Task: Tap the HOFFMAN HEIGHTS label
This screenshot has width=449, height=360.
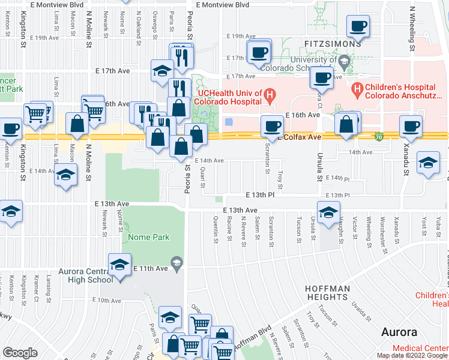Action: [x=327, y=293]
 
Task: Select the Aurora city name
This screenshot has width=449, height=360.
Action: [x=400, y=332]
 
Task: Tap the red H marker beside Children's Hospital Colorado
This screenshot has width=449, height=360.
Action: [x=358, y=91]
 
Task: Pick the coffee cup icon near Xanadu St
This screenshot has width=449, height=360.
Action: [x=411, y=127]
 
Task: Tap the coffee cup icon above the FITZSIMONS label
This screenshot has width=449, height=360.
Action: [x=358, y=26]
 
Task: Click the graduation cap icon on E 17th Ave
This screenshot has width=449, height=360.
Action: [x=161, y=70]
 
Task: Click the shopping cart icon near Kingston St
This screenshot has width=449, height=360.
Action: [x=35, y=112]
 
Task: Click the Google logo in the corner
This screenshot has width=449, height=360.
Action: [x=20, y=353]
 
